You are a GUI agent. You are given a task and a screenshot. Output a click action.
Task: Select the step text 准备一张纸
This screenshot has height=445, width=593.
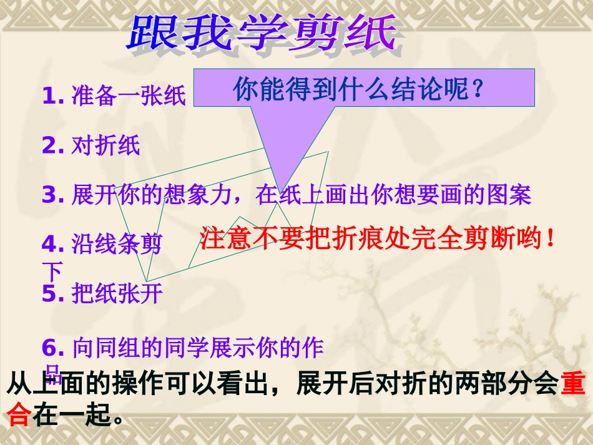click(x=129, y=96)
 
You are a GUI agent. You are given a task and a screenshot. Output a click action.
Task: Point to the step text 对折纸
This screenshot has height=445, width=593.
click(x=105, y=145)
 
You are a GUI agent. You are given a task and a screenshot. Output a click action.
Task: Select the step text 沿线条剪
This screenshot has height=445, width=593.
click(x=117, y=244)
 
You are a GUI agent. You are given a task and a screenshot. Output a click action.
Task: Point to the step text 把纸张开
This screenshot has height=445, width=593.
click(x=117, y=293)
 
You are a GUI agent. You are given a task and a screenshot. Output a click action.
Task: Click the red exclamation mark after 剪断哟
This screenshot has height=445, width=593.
click(x=550, y=238)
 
